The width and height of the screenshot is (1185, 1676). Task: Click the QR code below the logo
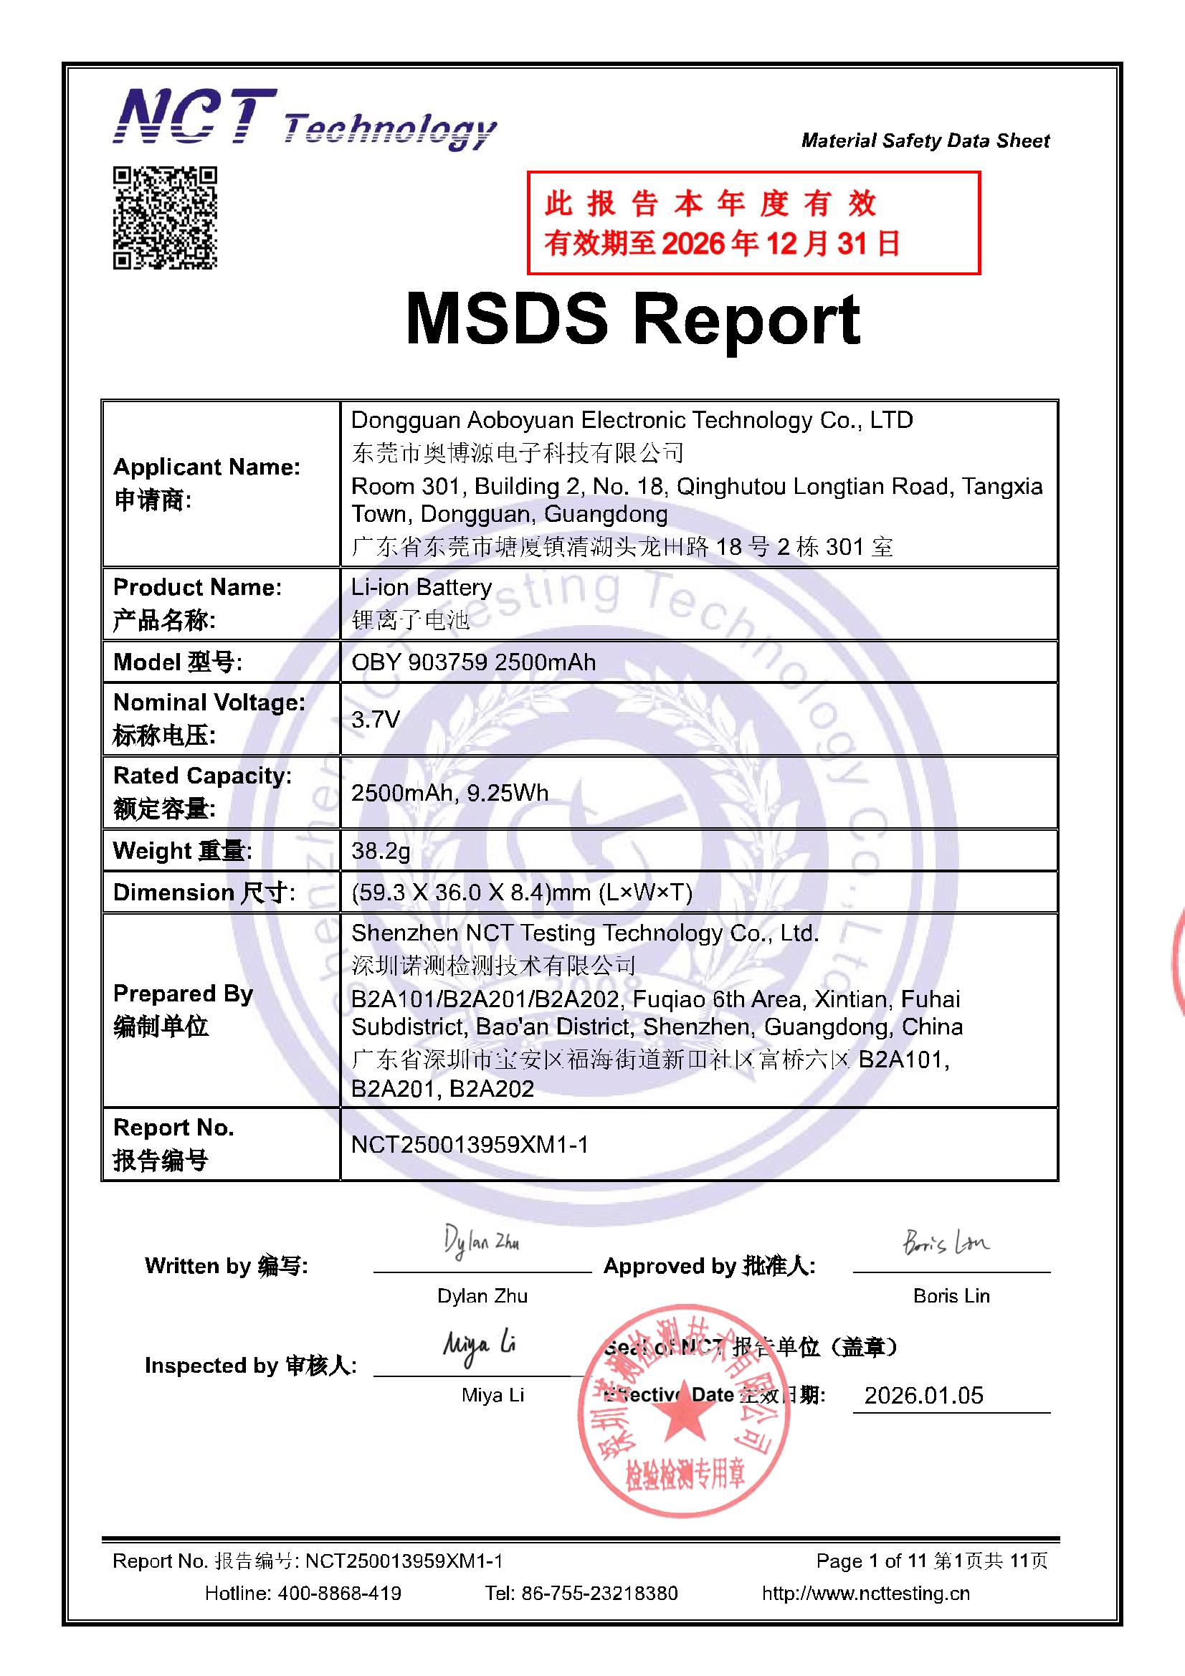click(165, 217)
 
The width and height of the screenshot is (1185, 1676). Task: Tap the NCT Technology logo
click(304, 119)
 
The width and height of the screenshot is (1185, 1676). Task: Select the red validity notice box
click(753, 223)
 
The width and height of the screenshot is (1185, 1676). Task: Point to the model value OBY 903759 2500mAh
click(473, 662)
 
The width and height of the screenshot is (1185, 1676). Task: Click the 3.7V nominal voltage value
click(376, 720)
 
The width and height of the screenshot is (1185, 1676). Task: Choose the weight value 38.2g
click(381, 850)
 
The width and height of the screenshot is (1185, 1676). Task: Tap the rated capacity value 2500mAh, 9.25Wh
click(449, 793)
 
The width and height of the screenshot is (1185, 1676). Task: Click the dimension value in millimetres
click(521, 892)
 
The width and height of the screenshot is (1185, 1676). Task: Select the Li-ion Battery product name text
click(422, 588)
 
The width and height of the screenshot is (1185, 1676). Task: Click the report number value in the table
click(470, 1144)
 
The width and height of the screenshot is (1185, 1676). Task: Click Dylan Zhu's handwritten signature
click(482, 1242)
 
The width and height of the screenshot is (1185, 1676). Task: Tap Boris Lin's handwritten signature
click(946, 1242)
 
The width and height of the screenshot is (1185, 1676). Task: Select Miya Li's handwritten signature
click(479, 1345)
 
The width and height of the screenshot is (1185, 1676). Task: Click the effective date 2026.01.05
click(923, 1395)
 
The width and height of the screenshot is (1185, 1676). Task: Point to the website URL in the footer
click(865, 1593)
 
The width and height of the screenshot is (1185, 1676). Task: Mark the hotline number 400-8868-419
click(339, 1593)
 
